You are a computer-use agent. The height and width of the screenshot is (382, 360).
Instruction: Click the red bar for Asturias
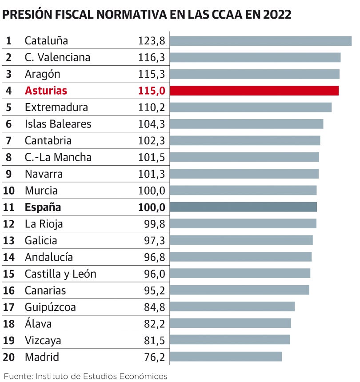[254, 91]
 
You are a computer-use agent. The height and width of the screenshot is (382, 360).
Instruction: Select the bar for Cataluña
[261, 41]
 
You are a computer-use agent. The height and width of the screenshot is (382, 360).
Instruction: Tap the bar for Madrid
[226, 357]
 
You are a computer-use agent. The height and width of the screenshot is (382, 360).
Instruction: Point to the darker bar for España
[244, 207]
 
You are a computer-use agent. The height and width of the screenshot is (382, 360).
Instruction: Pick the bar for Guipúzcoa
[232, 307]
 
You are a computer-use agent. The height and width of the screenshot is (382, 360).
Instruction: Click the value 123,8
[152, 41]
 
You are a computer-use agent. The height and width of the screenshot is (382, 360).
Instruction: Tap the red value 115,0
[152, 91]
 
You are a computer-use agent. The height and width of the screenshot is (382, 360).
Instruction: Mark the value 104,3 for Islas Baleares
[152, 124]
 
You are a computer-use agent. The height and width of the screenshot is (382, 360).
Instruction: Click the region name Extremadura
[56, 107]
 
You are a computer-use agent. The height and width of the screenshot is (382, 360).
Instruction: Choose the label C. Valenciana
[57, 57]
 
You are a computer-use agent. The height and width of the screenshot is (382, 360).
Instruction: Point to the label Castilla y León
[60, 274]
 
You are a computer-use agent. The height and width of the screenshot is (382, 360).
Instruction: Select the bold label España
[43, 207]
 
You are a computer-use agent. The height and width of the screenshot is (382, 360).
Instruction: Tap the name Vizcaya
[43, 340]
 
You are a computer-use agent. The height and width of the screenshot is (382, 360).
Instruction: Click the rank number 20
[8, 357]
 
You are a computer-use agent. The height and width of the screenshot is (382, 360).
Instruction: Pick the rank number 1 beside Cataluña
[8, 41]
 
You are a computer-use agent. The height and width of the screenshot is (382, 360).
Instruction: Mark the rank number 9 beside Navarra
[8, 174]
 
